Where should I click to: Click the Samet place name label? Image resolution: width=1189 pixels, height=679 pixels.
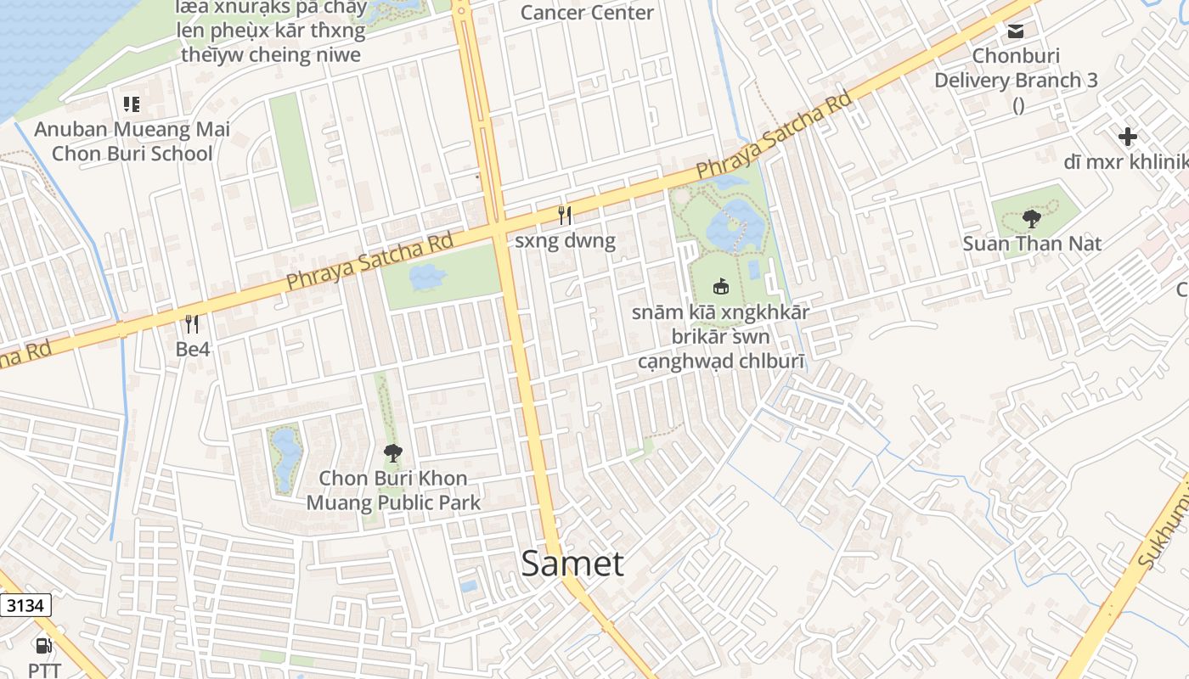coord(572,564)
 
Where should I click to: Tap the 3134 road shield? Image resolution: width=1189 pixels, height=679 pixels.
coord(25,605)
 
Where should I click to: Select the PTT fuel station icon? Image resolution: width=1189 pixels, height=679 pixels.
coord(43,646)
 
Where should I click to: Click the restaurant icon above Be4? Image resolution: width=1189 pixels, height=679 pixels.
coord(192,323)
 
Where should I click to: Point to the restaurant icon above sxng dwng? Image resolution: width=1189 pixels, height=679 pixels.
coord(565,216)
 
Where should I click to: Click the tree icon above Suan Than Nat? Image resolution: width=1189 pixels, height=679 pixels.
coord(1032,219)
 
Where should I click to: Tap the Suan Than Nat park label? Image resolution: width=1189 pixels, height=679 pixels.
coord(1032,244)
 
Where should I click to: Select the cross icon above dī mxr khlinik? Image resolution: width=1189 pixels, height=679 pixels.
coord(1127,137)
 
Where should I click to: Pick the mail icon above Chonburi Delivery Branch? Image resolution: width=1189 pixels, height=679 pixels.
coord(1015,31)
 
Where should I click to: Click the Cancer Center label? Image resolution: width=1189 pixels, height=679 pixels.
coord(587,13)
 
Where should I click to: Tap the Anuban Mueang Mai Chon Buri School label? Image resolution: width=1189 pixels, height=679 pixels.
coord(132,142)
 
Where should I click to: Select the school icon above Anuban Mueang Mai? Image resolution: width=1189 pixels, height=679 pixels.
coord(132,104)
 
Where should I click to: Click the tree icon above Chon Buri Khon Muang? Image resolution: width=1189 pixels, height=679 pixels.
coord(392,453)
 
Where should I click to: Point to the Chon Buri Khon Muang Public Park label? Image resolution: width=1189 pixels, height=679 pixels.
coord(393,491)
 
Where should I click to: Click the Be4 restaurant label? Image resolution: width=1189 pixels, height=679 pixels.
coord(192,349)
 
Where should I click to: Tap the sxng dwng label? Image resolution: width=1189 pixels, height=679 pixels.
coord(565,241)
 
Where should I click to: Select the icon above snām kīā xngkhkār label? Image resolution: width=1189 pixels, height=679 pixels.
coord(721,286)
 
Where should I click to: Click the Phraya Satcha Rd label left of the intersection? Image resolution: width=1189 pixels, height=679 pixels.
coord(369,262)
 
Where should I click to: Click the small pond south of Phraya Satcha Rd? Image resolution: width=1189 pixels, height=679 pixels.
coord(427,276)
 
